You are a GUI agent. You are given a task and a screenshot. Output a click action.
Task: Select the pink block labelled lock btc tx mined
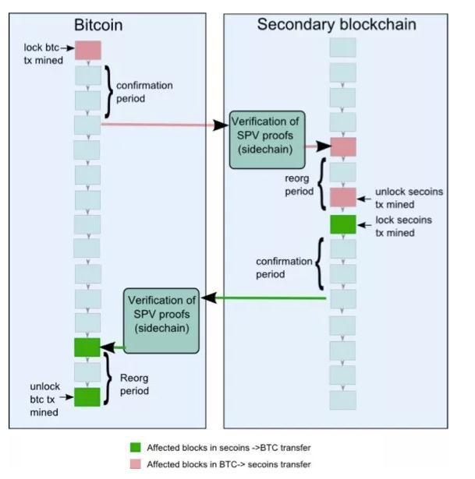tap(88, 51)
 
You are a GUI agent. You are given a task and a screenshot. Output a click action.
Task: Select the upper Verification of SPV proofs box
tap(267, 139)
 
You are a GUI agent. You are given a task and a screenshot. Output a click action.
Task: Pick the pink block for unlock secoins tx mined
tap(343, 196)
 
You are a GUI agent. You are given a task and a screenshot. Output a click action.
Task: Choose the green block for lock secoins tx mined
tap(343, 225)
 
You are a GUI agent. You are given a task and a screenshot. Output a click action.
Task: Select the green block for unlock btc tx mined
tap(87, 397)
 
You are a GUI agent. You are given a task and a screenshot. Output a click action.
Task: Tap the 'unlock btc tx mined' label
tap(44, 399)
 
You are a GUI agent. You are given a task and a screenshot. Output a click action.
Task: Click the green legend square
tap(136, 448)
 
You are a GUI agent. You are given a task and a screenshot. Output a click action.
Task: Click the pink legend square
tap(136, 464)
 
